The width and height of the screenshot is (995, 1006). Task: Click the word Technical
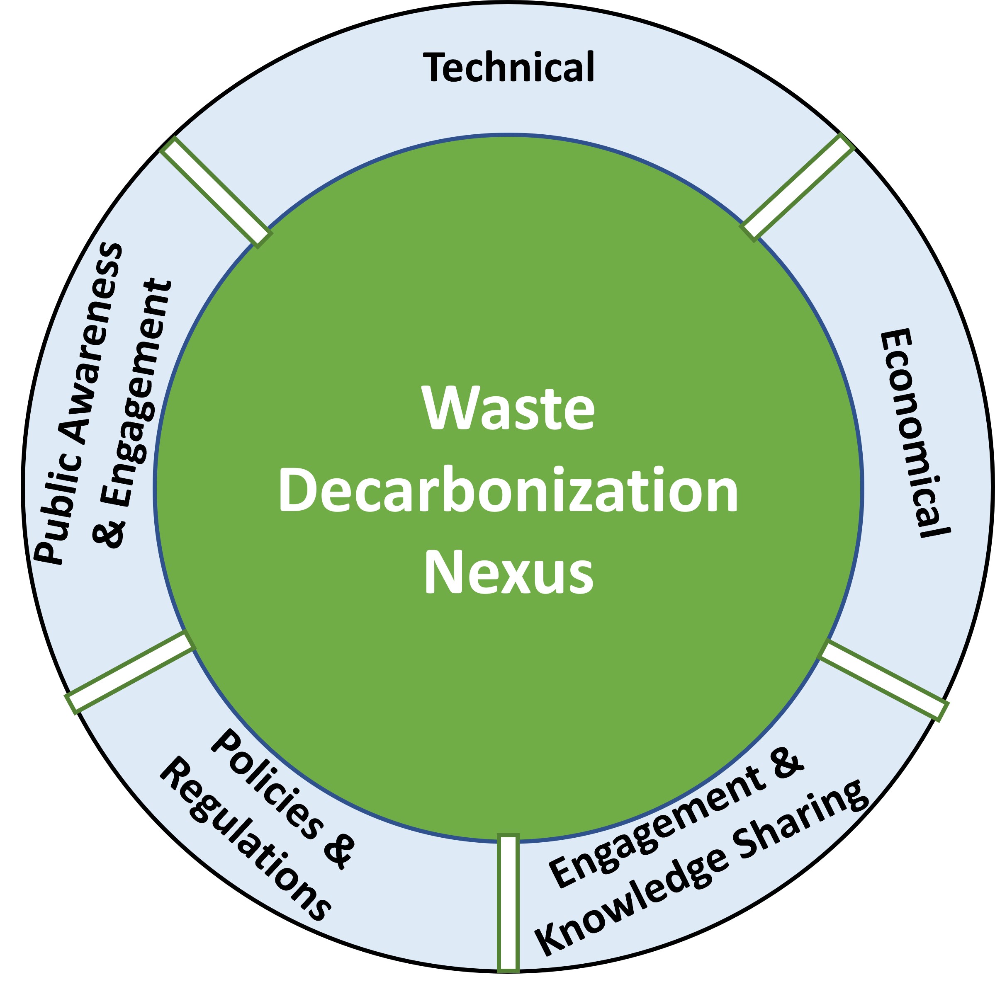508,68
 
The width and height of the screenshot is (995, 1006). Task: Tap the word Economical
913,433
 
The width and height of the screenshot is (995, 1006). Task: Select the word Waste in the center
508,409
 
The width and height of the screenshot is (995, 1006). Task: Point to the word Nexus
508,573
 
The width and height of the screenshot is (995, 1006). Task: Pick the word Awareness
91,344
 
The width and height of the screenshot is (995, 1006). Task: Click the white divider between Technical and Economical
797,187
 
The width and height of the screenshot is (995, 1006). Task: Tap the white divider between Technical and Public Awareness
216,191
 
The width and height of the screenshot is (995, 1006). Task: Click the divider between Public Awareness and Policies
130,672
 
